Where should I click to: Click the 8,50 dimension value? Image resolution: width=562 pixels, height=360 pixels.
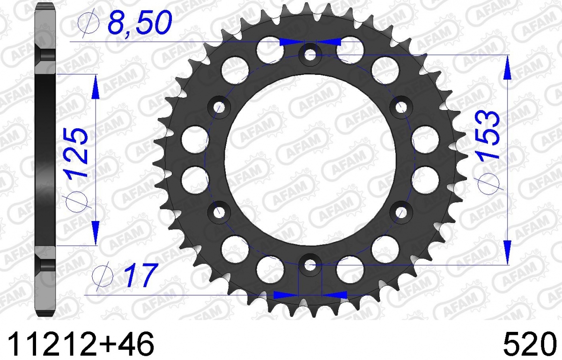[140, 23]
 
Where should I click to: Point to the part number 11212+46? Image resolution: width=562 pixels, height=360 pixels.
[81, 344]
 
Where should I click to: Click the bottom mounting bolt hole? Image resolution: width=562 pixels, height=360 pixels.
[311, 264]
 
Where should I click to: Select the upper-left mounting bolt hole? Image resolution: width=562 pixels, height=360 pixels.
[219, 107]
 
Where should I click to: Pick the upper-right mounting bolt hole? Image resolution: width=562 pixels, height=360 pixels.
[401, 107]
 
